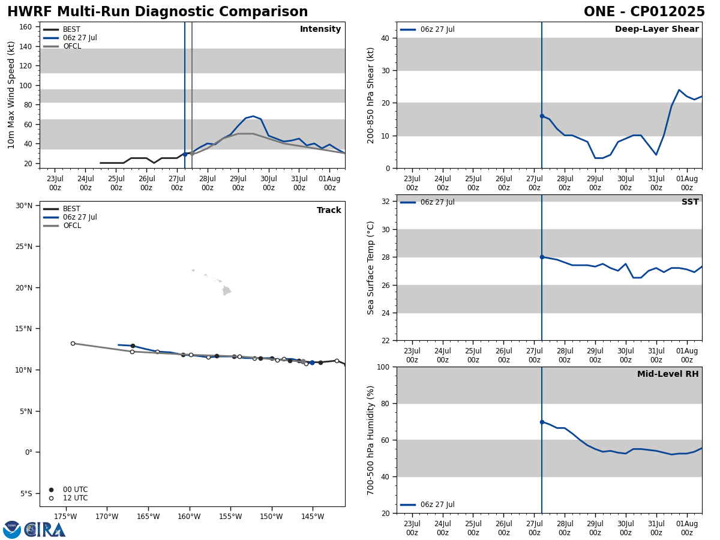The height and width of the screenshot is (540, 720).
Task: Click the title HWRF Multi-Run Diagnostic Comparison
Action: pos(157,12)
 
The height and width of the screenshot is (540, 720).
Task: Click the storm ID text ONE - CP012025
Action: pos(644,12)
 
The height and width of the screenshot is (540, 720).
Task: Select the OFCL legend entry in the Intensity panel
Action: pos(71,46)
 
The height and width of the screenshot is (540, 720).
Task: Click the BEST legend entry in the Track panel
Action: pos(71,209)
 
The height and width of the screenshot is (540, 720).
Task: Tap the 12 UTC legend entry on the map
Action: pos(75,498)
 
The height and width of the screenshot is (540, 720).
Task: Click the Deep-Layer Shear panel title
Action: pos(656,29)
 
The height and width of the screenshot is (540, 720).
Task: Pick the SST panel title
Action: pos(690,202)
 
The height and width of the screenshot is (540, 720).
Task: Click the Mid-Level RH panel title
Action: pos(668,374)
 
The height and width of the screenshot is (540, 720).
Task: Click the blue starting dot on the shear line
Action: pos(542,116)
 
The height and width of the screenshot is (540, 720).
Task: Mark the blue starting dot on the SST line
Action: pos(542,257)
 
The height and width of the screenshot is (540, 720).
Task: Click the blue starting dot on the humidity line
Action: pos(542,422)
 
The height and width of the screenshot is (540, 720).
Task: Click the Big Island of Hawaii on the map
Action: pos(226,291)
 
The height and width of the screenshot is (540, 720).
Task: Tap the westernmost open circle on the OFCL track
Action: pos(73,343)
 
